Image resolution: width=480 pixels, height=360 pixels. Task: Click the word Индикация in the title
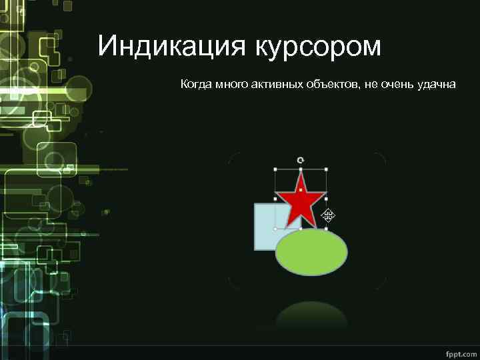click(170, 47)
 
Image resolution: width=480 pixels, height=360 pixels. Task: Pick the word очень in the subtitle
click(397, 85)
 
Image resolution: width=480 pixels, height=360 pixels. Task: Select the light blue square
click(265, 230)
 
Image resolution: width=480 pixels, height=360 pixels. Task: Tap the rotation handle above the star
click(301, 160)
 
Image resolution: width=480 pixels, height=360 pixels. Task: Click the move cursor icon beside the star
click(328, 215)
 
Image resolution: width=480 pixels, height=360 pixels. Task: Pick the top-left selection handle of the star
click(275, 169)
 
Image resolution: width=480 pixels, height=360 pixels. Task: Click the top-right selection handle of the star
click(326, 169)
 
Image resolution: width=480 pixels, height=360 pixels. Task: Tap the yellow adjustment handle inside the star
click(301, 191)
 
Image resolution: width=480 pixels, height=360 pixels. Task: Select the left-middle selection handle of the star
click(275, 199)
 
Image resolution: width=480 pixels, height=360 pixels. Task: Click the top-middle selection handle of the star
click(301, 169)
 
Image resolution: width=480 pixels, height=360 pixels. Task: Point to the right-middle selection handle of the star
click(326, 199)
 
